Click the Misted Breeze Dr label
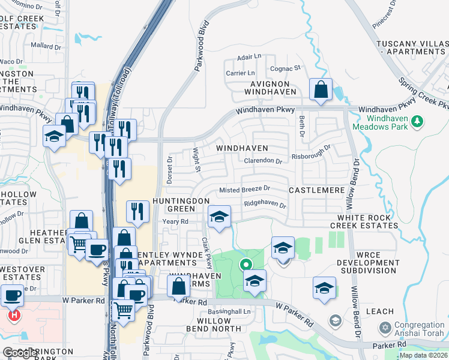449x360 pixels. pos(244,189)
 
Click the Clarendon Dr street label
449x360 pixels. pos(262,161)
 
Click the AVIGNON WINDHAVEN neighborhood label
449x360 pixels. pos(270,88)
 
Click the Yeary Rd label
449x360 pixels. pos(175,221)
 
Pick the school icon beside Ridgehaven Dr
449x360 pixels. pos(219,216)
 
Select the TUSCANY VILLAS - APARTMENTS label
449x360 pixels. pos(412,48)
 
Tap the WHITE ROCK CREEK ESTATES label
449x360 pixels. pos(367,221)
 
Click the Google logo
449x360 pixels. pos(21,353)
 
